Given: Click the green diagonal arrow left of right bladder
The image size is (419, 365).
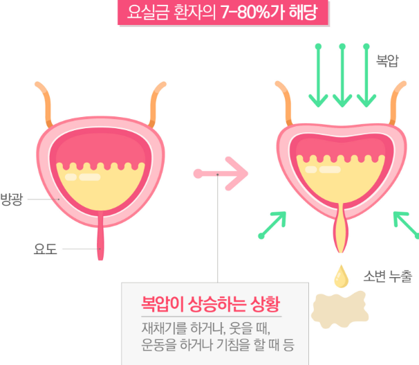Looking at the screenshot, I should pos(273,224).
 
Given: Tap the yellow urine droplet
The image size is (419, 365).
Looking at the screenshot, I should pos(342,276).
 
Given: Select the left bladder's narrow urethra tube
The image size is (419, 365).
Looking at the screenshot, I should pos(102,239).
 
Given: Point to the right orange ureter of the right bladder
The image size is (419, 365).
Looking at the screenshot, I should pos(399,104).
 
